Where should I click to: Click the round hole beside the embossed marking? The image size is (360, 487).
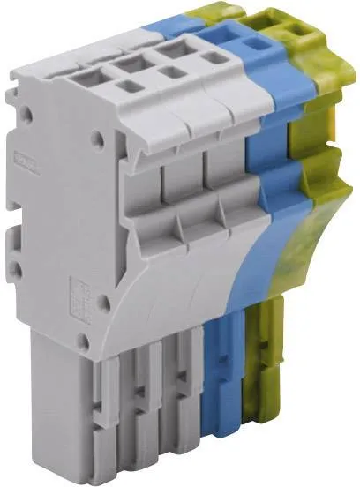[x=103, y=303]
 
